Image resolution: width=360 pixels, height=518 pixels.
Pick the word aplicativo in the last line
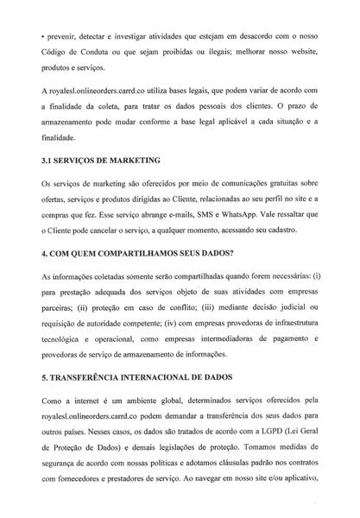297,484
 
